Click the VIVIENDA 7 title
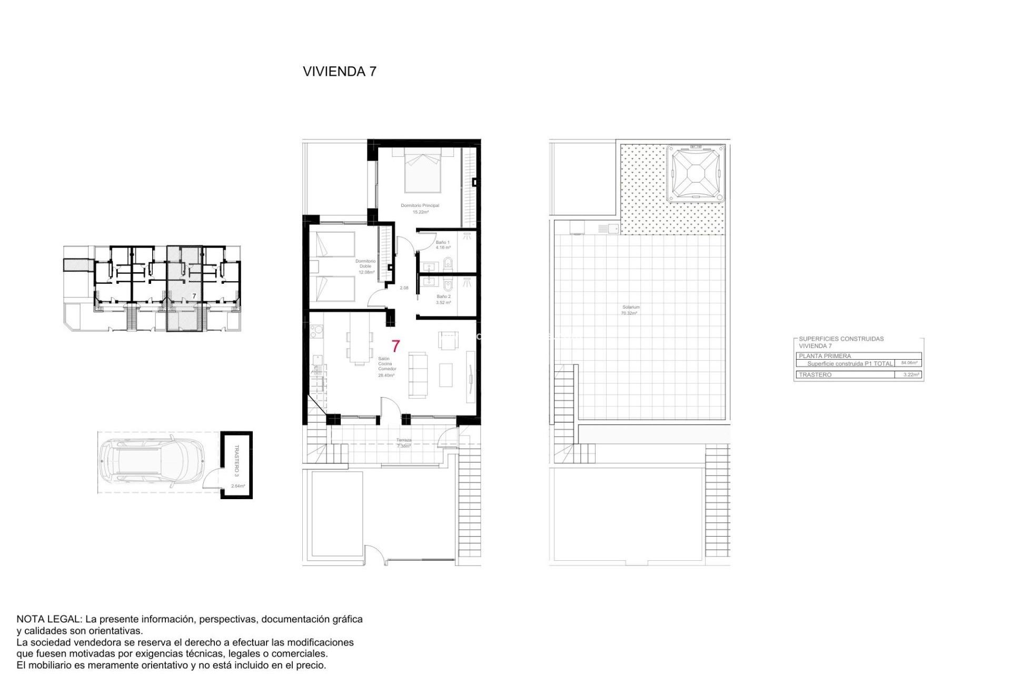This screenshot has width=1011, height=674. (x=340, y=72)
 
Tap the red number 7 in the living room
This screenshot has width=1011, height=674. (x=395, y=346)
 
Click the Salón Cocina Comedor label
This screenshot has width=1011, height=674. (x=386, y=366)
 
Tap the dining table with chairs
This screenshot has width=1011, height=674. (x=359, y=348)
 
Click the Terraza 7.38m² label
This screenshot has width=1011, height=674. (x=404, y=443)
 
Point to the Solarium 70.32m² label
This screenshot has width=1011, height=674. (x=630, y=310)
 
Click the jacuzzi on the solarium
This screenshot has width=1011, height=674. (x=696, y=174)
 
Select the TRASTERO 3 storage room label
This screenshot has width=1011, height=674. (x=236, y=460)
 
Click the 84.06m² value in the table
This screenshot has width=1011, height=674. (x=909, y=363)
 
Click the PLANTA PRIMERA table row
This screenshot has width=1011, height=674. (x=825, y=356)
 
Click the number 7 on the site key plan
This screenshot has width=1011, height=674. (x=194, y=296)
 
